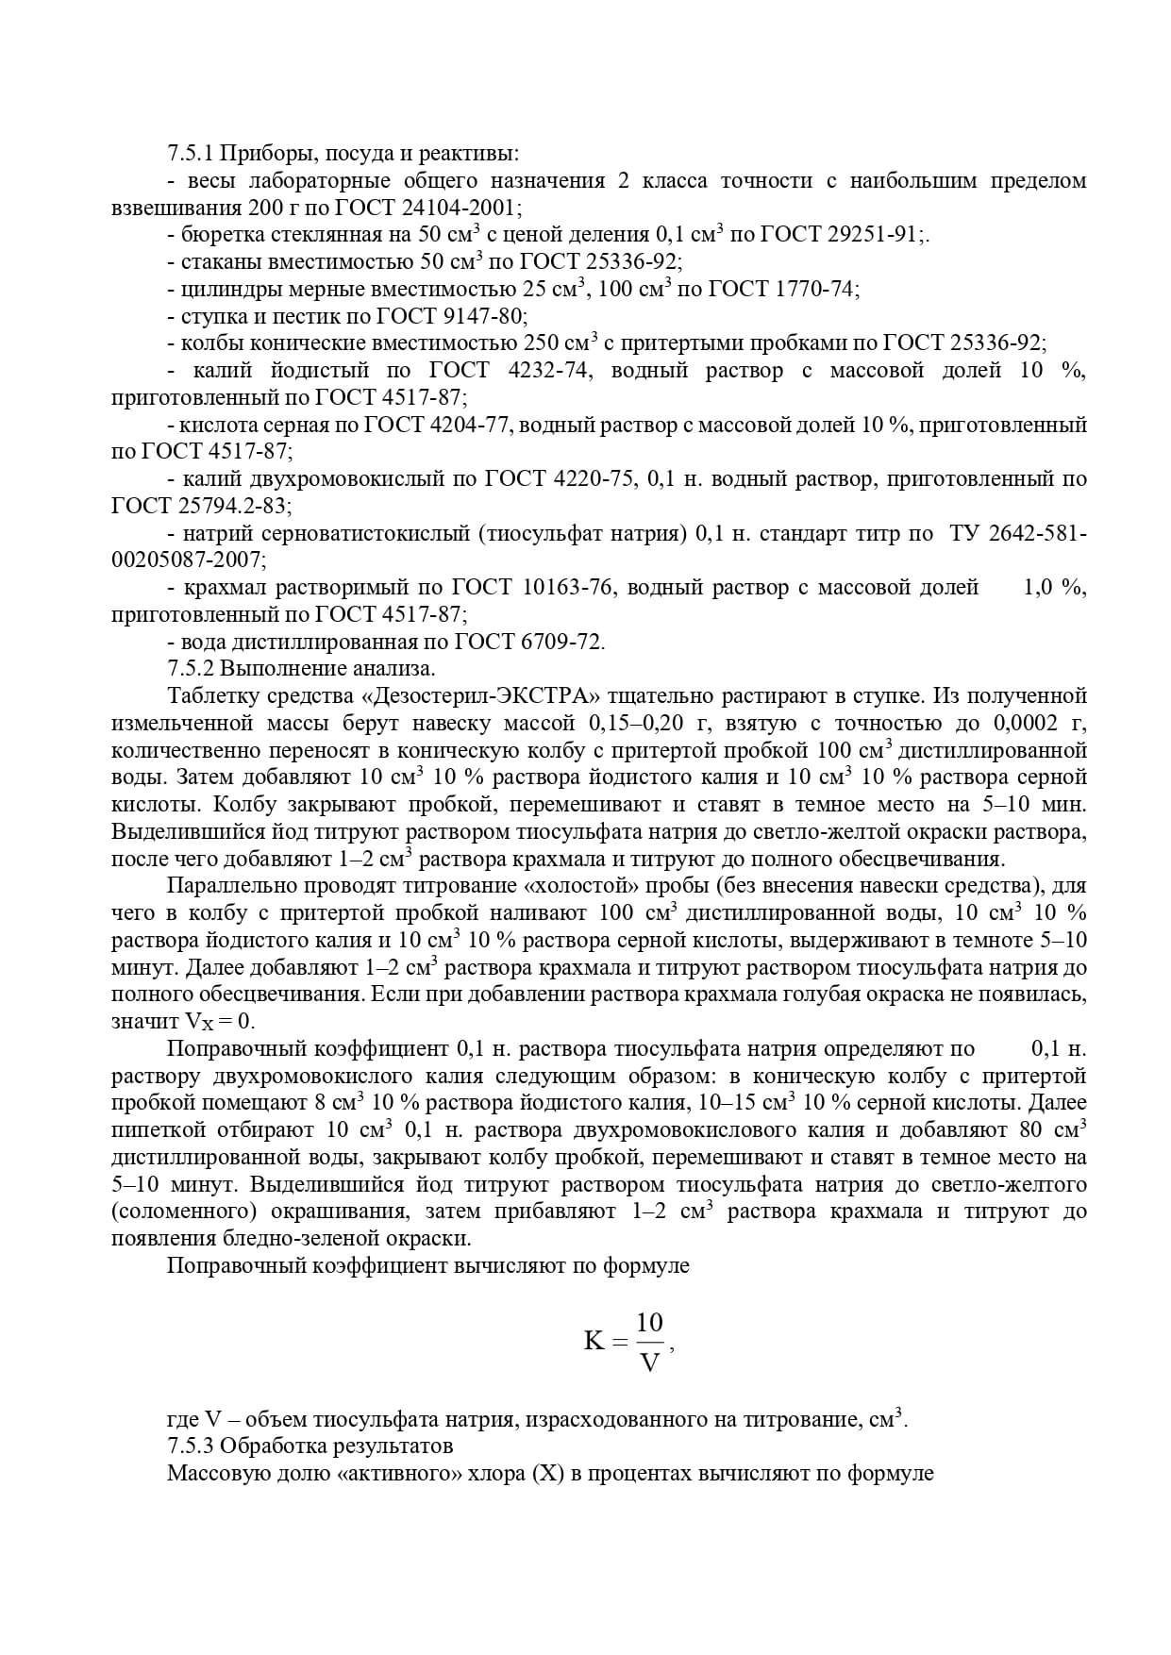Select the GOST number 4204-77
(466, 426)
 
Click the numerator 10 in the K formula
(649, 1322)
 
